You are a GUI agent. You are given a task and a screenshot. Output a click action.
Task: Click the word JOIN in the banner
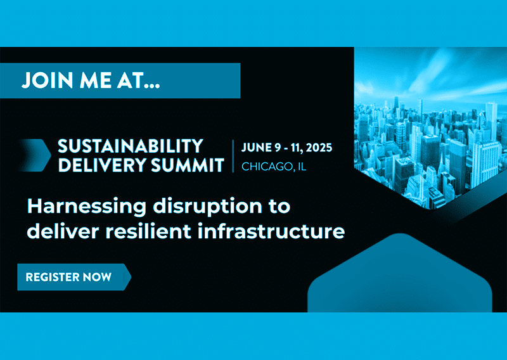tap(48, 80)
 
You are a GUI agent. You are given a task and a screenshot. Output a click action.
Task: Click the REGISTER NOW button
tap(74, 277)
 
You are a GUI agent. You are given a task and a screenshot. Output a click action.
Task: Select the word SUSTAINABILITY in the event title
tap(131, 146)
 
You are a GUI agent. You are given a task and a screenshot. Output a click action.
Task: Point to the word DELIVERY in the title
tap(102, 165)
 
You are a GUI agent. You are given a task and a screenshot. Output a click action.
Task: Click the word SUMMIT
tap(188, 165)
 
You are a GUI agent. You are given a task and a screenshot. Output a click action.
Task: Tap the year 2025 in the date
tap(319, 148)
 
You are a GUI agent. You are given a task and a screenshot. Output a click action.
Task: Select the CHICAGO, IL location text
tap(274, 167)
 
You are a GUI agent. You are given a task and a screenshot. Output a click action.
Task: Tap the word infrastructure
tap(271, 231)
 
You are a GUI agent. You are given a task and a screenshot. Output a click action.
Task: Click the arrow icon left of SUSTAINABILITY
tap(35, 155)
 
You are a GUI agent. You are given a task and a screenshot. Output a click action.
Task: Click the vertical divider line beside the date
tap(233, 156)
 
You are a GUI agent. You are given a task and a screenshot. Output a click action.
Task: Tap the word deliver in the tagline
tap(63, 231)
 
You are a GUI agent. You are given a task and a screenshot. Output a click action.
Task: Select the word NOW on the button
tap(97, 277)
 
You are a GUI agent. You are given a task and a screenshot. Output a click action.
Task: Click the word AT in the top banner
tap(130, 80)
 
